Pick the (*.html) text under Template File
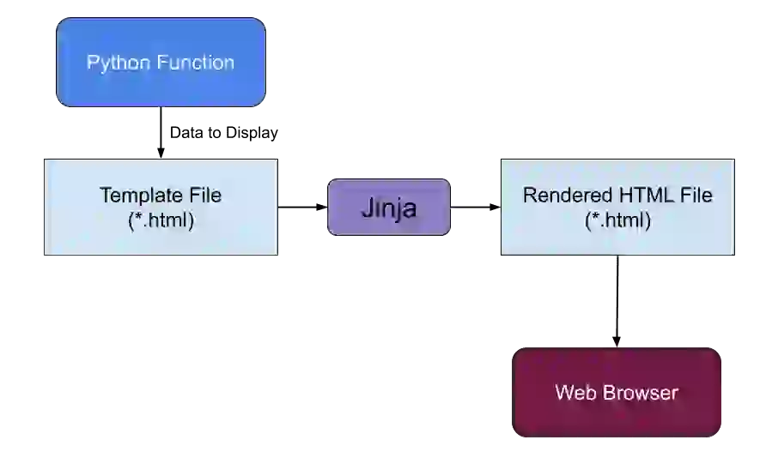[x=161, y=220]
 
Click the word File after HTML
[x=695, y=196]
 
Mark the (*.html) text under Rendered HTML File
[x=617, y=220]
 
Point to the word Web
[x=574, y=393]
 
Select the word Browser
[x=638, y=393]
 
